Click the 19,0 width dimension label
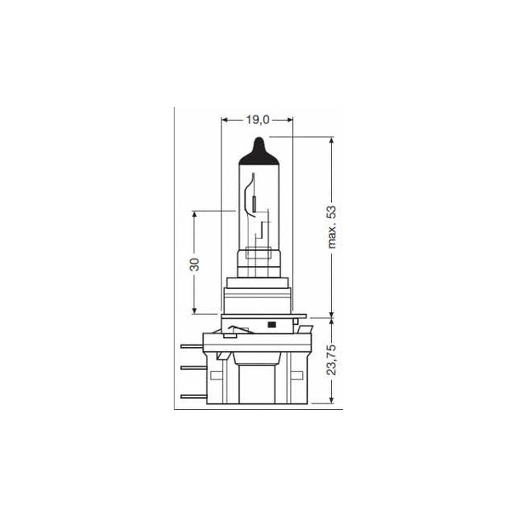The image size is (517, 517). point(257,120)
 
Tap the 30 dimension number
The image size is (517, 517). point(194,264)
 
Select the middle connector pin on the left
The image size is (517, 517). point(192,367)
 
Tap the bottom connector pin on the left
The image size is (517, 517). point(192,396)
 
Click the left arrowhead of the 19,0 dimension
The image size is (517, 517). point(225,120)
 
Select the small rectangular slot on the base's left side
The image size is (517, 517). point(215,376)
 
